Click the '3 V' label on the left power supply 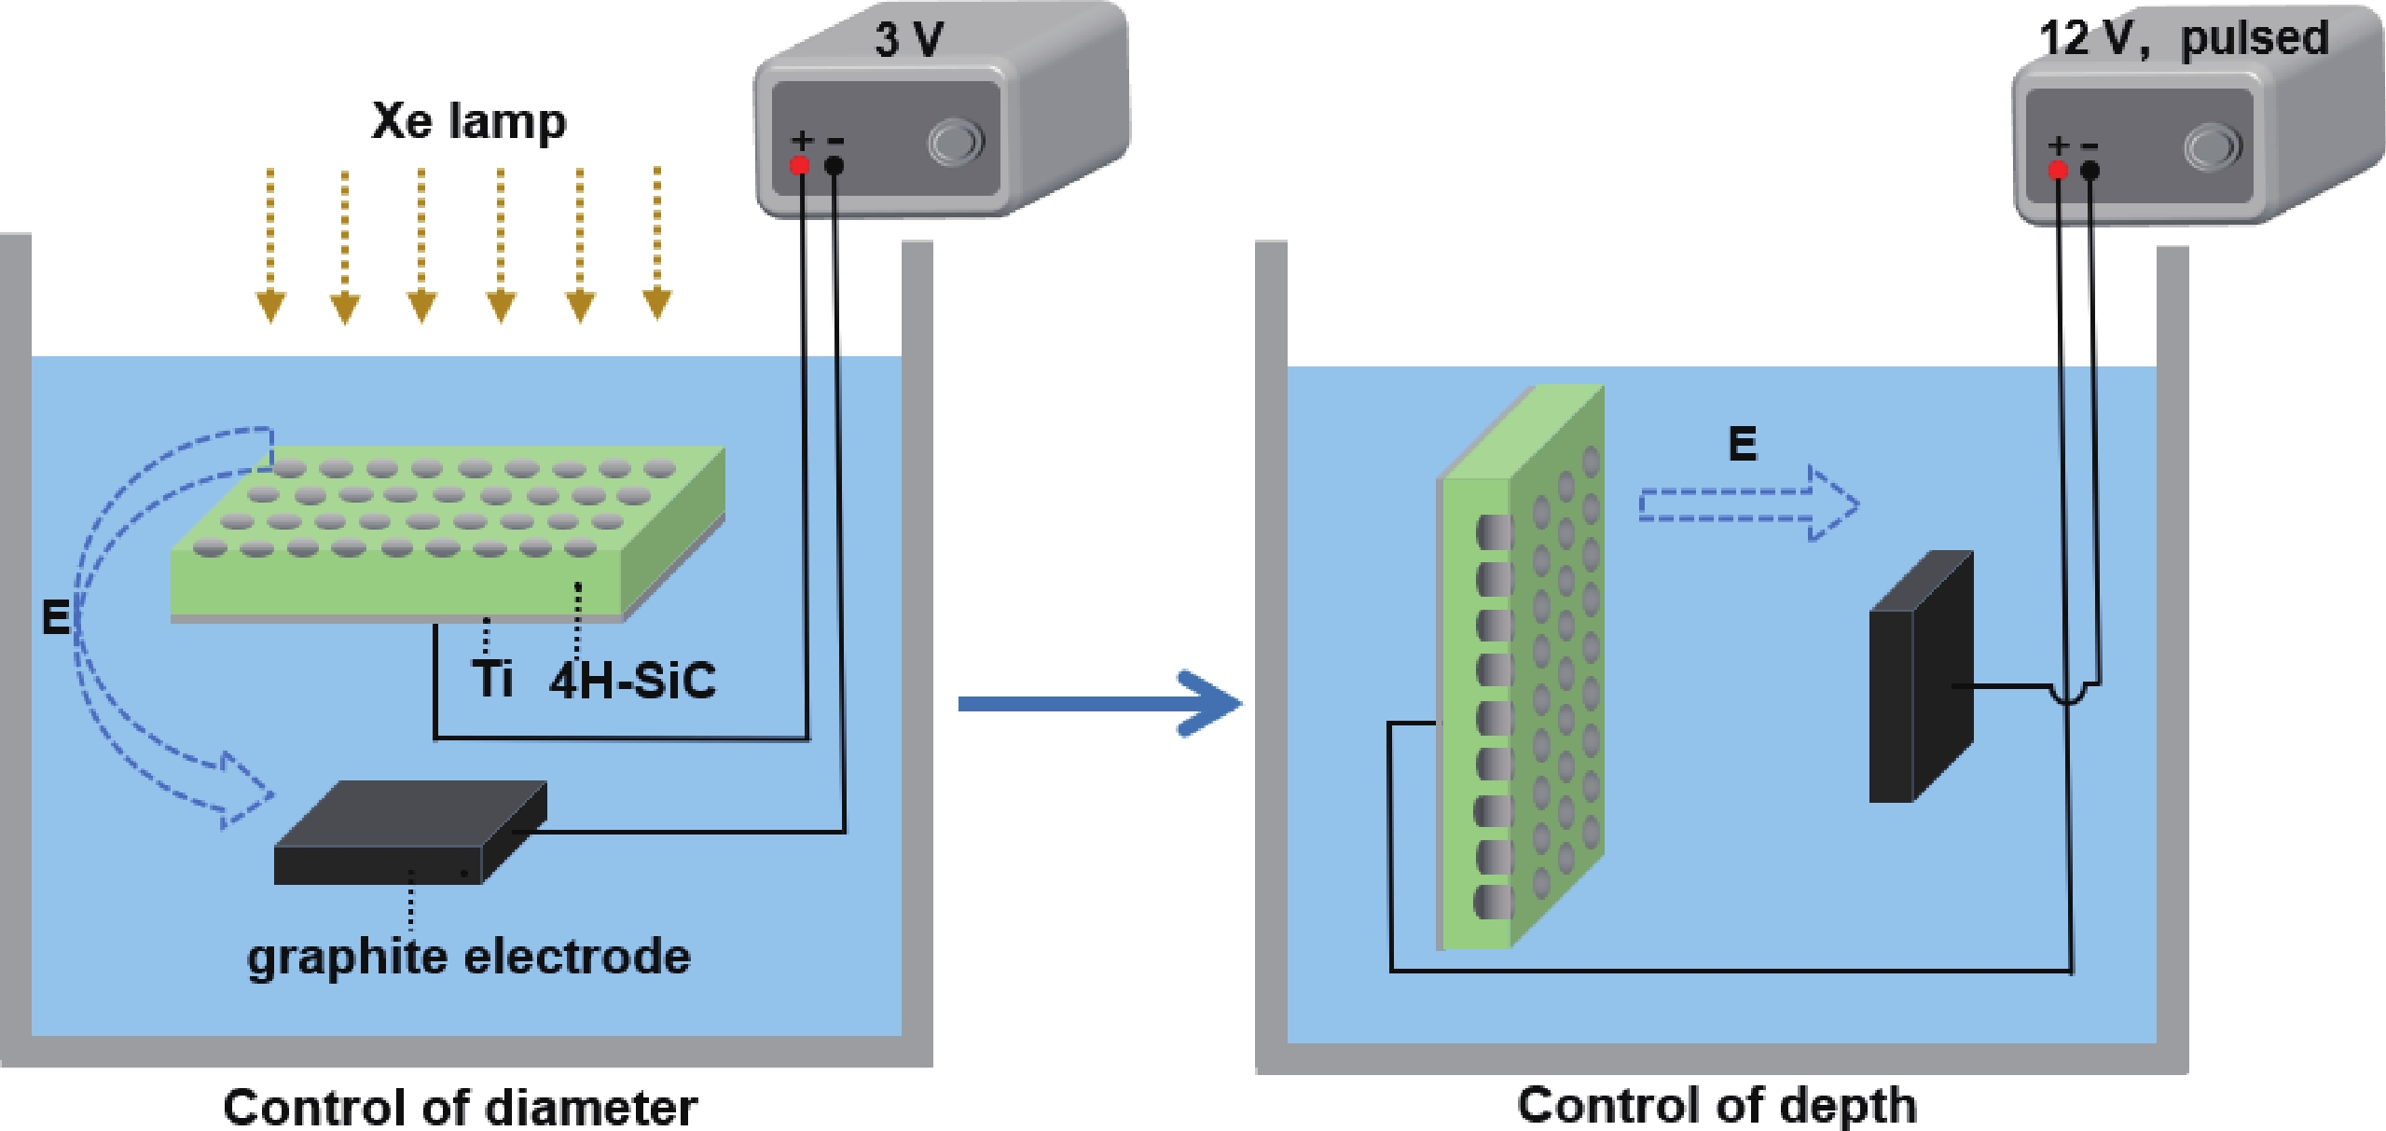[908, 40]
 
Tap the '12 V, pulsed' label [2183, 39]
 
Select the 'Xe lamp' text [468, 122]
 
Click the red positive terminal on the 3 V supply [800, 166]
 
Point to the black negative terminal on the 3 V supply [834, 166]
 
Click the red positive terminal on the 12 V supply [2058, 171]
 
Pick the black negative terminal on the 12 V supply [2090, 171]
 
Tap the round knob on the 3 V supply [955, 143]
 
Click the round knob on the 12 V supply [2212, 147]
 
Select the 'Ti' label [491, 678]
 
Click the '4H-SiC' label [632, 680]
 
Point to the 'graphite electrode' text [468, 957]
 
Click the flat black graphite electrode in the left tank [410, 833]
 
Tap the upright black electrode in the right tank [1921, 676]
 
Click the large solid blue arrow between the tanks [1100, 703]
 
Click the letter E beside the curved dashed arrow [55, 617]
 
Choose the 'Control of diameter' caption [460, 1108]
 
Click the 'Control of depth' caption [1717, 1105]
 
